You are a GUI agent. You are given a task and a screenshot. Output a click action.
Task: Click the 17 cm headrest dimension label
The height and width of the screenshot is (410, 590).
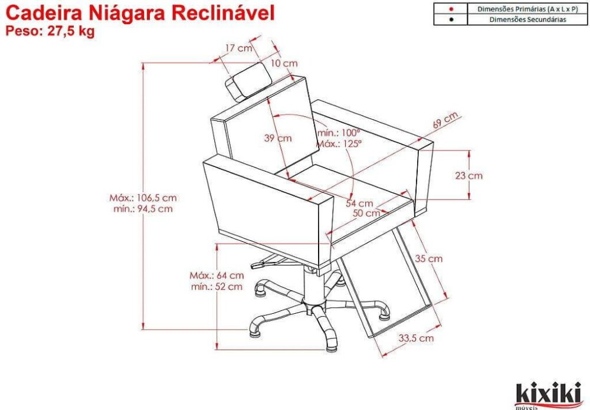point(238,48)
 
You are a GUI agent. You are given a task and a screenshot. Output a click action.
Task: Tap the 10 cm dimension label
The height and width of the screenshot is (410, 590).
point(284,63)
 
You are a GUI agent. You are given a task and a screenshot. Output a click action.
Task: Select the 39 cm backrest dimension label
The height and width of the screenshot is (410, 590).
point(278,138)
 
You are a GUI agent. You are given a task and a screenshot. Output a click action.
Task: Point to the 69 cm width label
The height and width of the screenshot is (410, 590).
point(445,120)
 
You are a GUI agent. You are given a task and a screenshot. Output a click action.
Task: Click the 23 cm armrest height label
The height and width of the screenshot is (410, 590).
point(469,176)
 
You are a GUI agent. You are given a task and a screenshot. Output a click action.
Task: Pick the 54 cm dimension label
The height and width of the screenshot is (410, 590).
point(360,204)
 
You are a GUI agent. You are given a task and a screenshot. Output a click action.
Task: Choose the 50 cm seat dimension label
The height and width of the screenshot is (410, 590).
point(366,214)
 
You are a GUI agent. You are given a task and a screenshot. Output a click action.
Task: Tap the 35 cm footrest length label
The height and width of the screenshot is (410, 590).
point(429,259)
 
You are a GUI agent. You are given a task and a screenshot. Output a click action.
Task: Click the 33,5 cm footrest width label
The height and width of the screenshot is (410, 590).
point(416,338)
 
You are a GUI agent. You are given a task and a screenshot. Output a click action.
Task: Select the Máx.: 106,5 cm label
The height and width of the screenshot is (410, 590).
point(143,198)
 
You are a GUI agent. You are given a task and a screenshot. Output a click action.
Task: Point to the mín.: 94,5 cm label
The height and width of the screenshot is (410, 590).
point(143,209)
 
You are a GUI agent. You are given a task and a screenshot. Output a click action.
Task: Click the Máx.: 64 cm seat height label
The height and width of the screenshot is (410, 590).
point(217,275)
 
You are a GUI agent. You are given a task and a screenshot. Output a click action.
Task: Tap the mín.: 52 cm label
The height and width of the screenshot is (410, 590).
point(217,287)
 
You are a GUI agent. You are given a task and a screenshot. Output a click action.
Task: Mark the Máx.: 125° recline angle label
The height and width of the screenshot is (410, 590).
point(339,144)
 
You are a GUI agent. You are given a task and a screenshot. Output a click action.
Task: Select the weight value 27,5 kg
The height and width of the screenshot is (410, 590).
point(71,31)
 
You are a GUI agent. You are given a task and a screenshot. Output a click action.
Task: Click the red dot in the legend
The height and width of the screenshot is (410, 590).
point(451,9)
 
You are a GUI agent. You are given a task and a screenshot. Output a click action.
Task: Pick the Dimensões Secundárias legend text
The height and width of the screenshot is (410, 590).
point(527,19)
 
